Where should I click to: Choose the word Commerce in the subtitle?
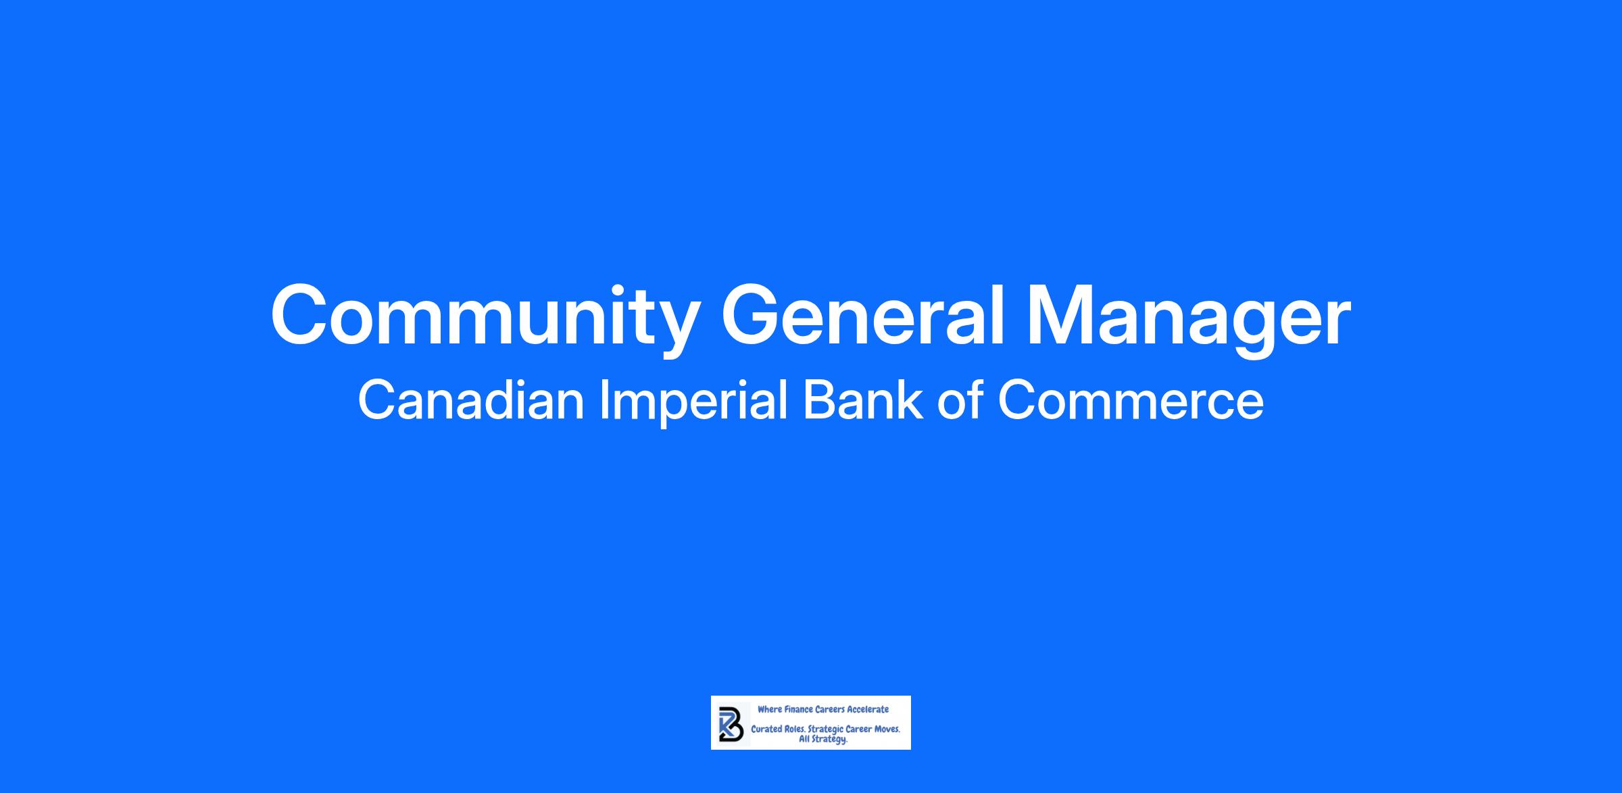pyautogui.click(x=1131, y=400)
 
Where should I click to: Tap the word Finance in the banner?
pyautogui.click(x=797, y=709)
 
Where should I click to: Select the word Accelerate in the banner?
pyautogui.click(x=868, y=709)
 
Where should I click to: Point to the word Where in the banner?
pyautogui.click(x=769, y=709)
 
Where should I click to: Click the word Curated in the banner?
pyautogui.click(x=767, y=730)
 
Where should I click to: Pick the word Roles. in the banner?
pyautogui.click(x=795, y=730)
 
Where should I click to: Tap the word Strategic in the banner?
pyautogui.click(x=826, y=731)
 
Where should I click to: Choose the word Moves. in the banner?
pyautogui.click(x=887, y=730)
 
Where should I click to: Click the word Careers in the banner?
pyautogui.click(x=830, y=709)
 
